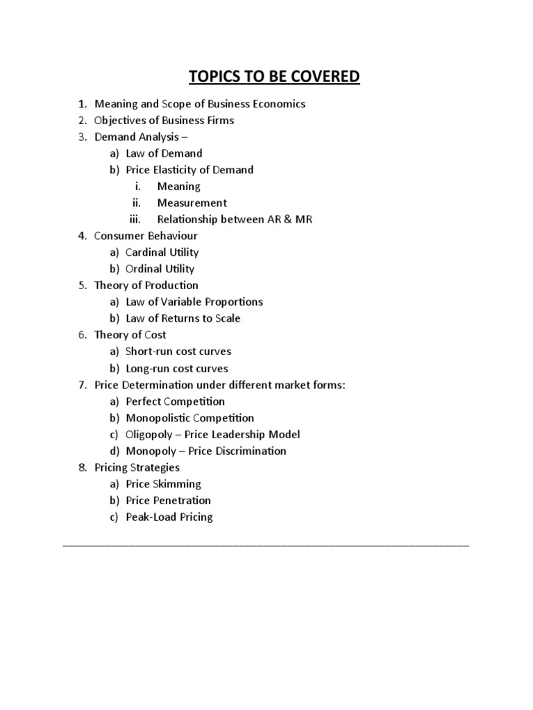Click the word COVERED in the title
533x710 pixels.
click(x=318, y=76)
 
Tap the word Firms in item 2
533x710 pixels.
click(x=219, y=121)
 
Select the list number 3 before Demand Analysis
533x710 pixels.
click(x=81, y=137)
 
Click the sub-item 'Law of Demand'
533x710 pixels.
click(x=164, y=153)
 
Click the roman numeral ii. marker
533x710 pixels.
click(x=136, y=203)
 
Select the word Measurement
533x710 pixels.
click(x=192, y=203)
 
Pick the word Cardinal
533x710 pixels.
click(x=147, y=252)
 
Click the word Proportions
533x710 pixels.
click(x=230, y=302)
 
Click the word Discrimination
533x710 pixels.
click(x=251, y=451)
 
